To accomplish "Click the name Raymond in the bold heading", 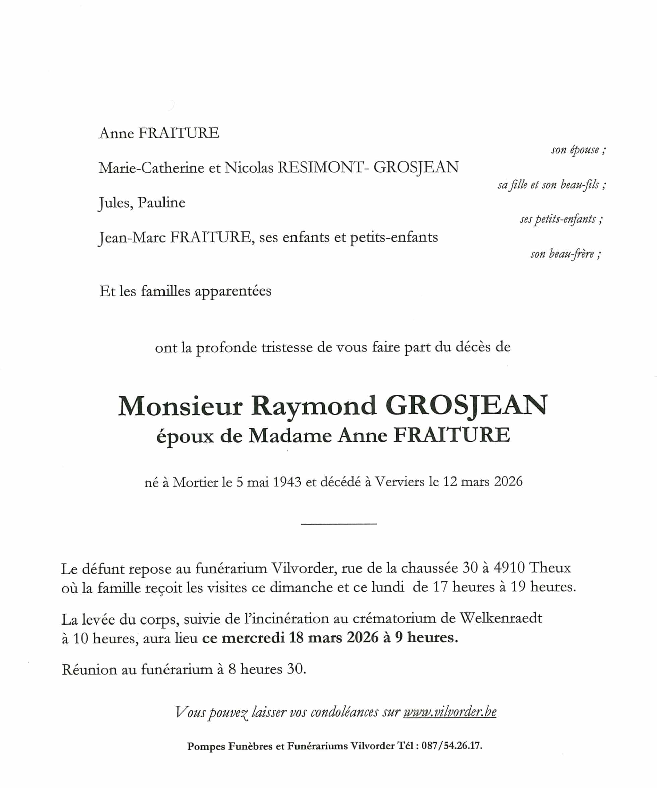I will coord(313,406).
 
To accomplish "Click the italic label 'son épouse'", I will coord(578,150).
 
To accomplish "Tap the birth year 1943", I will coord(287,482).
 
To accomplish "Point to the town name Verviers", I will coord(400,482).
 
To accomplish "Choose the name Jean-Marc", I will coord(132,238).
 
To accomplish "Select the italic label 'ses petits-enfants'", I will coord(561,219).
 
